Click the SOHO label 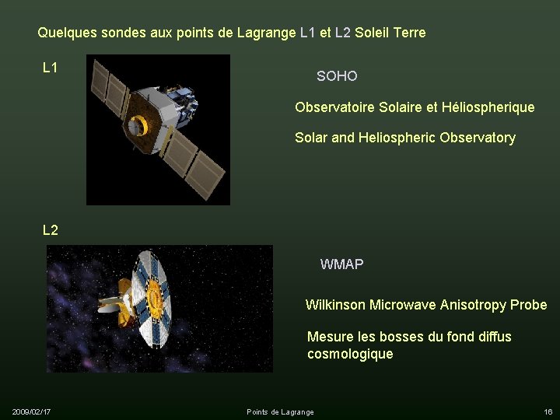[x=337, y=76]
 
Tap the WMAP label [x=341, y=264]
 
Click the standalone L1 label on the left [x=51, y=68]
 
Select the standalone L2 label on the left [x=51, y=230]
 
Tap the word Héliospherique [x=488, y=107]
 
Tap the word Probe [x=529, y=305]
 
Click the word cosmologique [x=350, y=354]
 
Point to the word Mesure [x=327, y=337]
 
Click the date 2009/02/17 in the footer [x=32, y=411]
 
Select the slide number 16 [x=548, y=411]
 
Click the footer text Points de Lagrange [x=280, y=411]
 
